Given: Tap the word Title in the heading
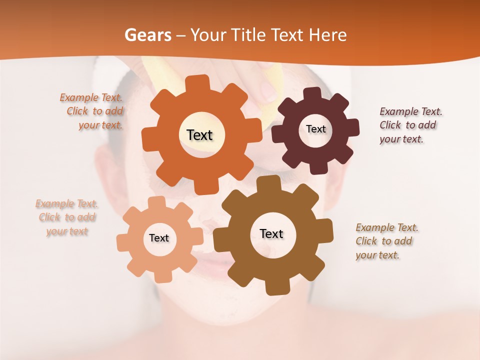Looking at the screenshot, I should [x=249, y=35].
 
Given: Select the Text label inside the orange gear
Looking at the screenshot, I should [x=199, y=135].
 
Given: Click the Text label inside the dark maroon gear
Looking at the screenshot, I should [x=315, y=129].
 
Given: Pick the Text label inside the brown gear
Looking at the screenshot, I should [x=271, y=233].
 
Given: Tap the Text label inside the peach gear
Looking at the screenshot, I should [x=158, y=238].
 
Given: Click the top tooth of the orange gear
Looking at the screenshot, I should [x=199, y=82].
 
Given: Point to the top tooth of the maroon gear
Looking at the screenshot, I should [x=312, y=93].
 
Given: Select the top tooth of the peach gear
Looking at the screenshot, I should [x=156, y=201].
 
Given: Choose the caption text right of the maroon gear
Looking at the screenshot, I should [x=410, y=125].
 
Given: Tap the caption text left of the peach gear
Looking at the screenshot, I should [x=67, y=217].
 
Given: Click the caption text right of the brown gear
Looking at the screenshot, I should [x=386, y=241].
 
